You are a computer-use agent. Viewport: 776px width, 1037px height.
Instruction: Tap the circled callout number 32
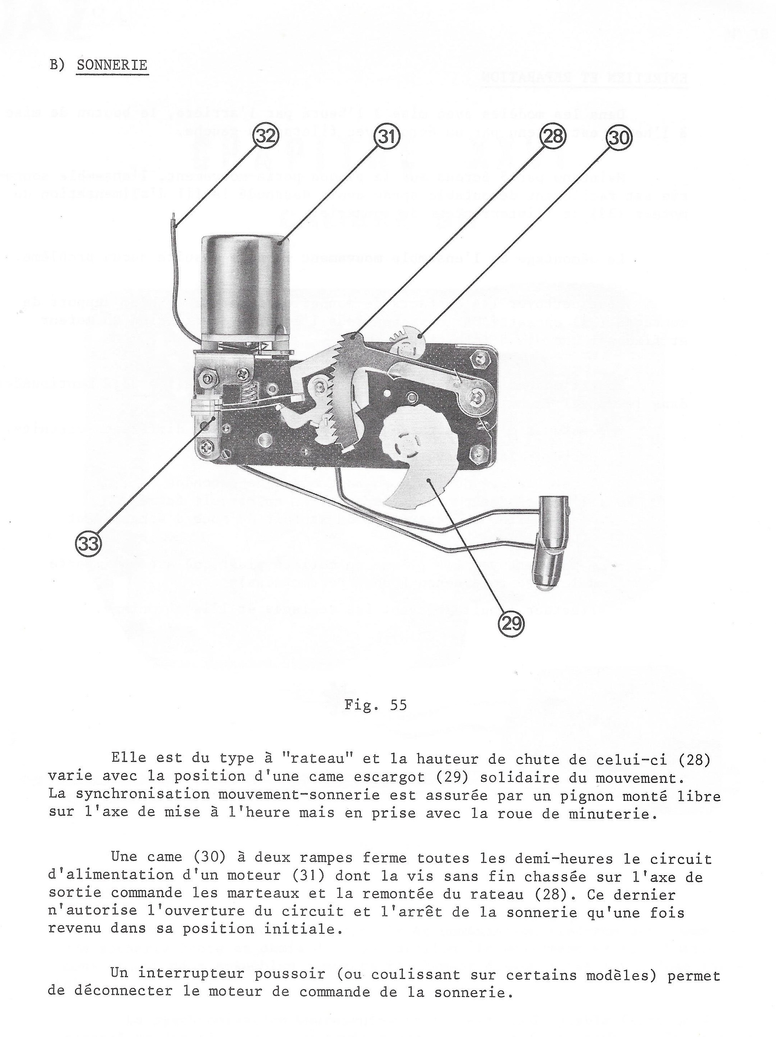[266, 136]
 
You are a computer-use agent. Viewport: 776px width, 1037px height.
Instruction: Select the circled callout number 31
[387, 136]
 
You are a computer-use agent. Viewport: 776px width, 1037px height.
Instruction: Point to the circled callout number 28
[553, 136]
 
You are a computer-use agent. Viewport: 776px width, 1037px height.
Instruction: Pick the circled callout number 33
[88, 544]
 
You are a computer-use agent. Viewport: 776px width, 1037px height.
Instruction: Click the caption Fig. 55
[375, 705]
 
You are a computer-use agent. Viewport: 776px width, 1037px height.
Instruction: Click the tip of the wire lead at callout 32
[174, 218]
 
